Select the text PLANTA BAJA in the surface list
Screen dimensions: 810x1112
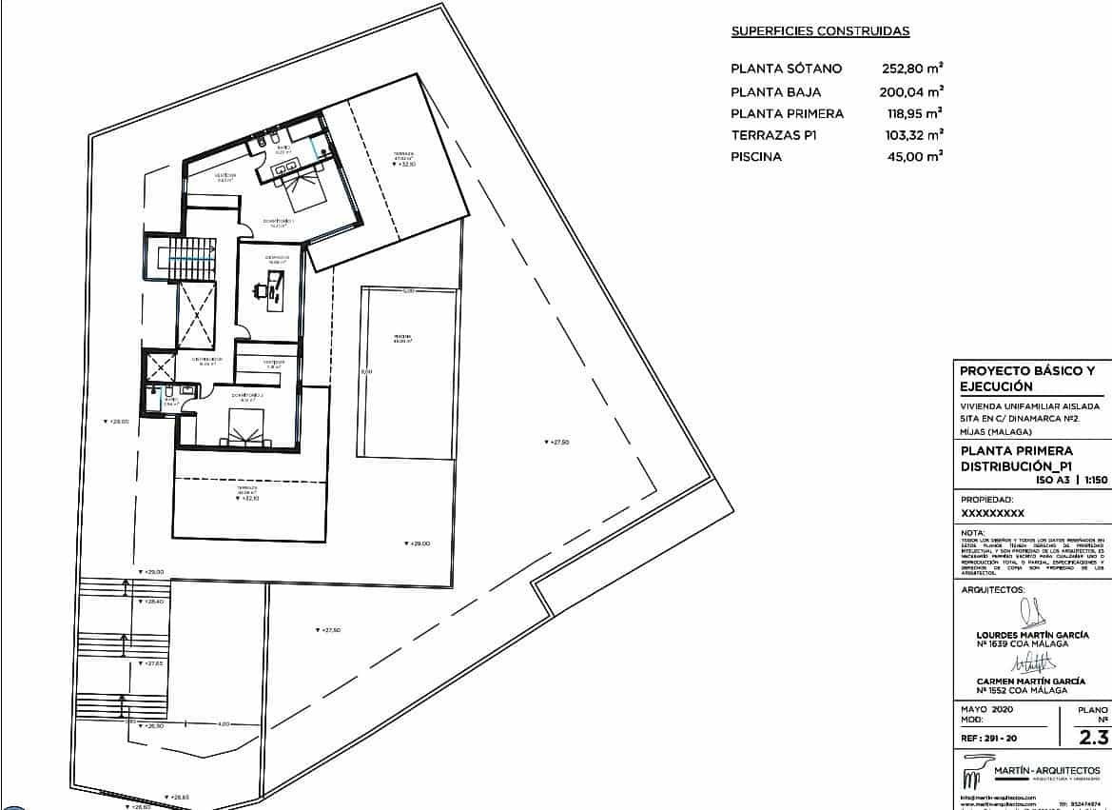pyautogui.click(x=775, y=92)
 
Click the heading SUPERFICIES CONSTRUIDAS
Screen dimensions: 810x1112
pyautogui.click(x=820, y=31)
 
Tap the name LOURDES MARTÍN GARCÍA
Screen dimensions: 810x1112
pyautogui.click(x=1032, y=635)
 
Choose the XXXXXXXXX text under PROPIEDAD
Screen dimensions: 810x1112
pyautogui.click(x=992, y=513)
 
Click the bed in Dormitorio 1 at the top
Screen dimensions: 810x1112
pyautogui.click(x=307, y=190)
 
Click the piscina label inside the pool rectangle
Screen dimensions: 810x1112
pyautogui.click(x=403, y=340)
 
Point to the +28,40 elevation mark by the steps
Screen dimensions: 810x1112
pyautogui.click(x=152, y=602)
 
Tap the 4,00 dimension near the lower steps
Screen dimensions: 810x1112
pyautogui.click(x=224, y=724)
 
